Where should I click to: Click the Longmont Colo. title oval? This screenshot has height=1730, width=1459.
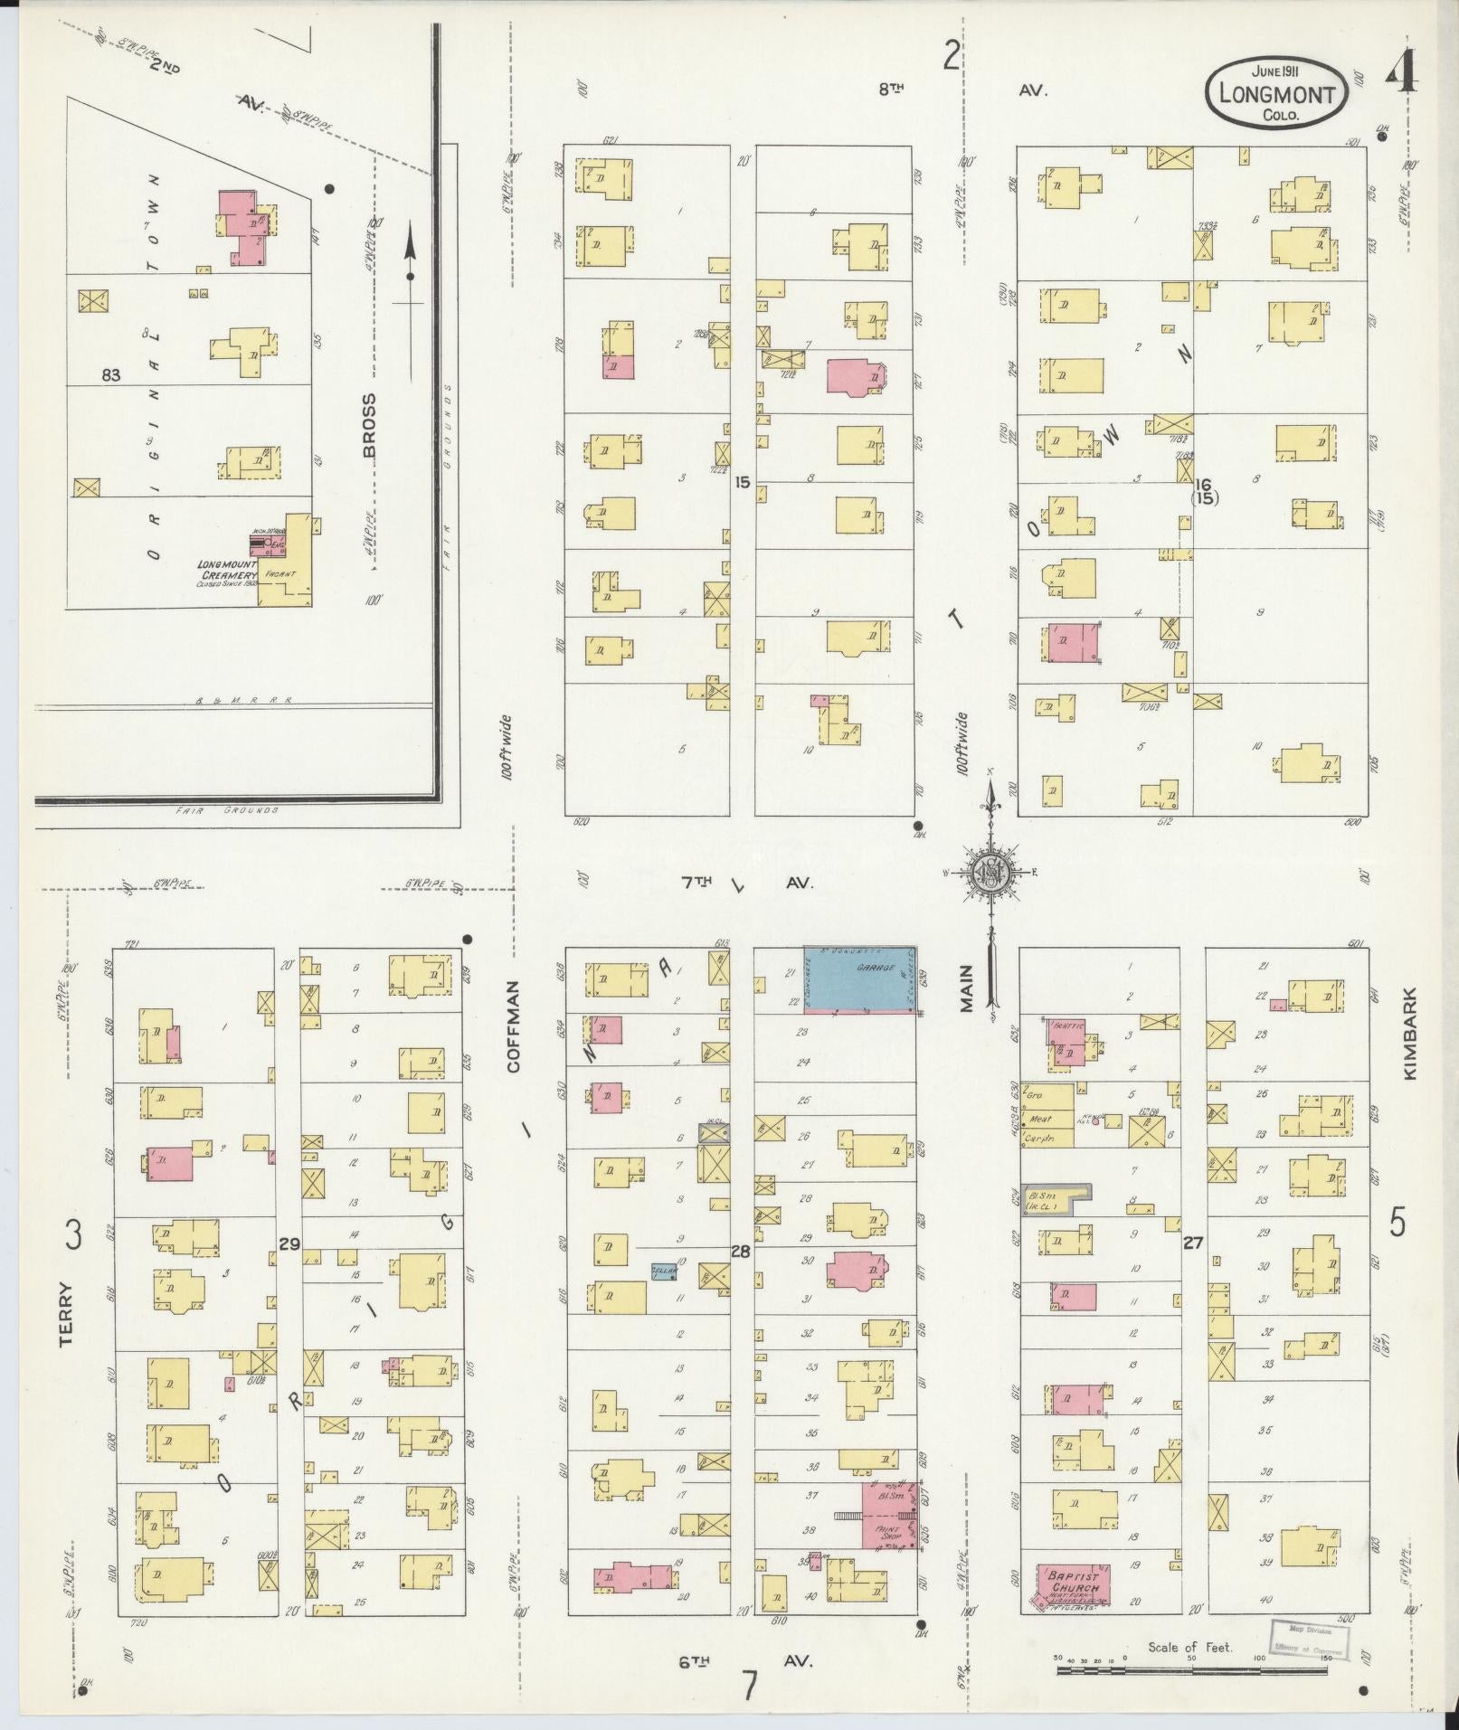1275,93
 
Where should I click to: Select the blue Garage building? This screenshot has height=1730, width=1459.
860,978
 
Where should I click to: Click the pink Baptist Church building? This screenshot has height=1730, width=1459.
1074,1586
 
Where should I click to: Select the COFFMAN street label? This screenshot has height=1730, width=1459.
515,1026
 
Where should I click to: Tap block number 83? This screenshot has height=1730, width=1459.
110,374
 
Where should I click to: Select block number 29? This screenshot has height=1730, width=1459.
289,1243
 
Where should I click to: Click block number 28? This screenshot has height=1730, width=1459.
741,1251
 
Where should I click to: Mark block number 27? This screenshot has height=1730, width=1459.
1193,1243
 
